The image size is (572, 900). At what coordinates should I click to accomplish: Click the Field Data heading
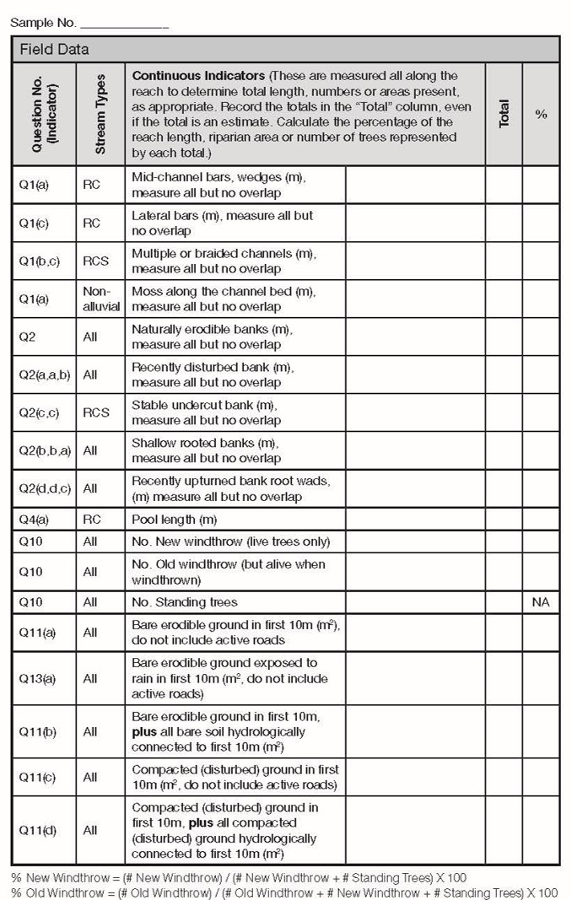click(x=55, y=49)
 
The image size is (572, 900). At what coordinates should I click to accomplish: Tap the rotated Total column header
click(x=504, y=113)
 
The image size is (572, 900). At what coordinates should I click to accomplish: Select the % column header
click(x=541, y=114)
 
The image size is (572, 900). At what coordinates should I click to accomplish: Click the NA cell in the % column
click(x=541, y=602)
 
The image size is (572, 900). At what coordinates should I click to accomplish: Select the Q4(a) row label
click(x=35, y=519)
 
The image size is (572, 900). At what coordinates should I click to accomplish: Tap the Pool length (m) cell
click(x=174, y=519)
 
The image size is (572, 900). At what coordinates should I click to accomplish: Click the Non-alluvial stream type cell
click(x=101, y=299)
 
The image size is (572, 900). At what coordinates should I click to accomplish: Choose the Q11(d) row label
click(x=37, y=830)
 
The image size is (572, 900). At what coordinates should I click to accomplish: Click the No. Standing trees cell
click(x=185, y=602)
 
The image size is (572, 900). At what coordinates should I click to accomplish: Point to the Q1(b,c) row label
click(x=40, y=261)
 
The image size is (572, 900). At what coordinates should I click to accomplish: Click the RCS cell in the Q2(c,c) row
click(x=96, y=412)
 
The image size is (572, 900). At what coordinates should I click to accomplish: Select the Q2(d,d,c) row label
click(x=45, y=488)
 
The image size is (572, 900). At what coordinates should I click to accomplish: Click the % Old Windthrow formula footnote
click(x=284, y=892)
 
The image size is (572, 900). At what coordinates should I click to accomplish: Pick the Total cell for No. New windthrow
click(x=504, y=541)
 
